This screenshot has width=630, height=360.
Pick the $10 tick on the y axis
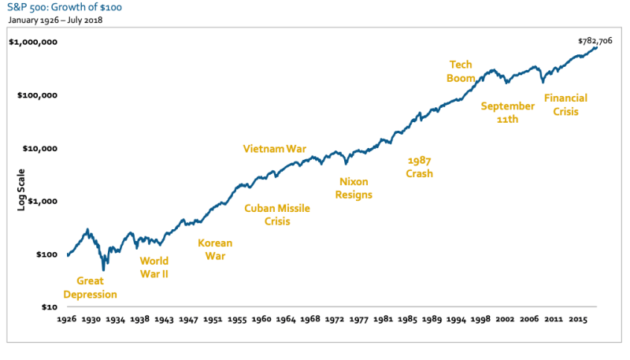pyautogui.click(x=47, y=307)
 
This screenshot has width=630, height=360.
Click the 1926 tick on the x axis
pyautogui.click(x=68, y=321)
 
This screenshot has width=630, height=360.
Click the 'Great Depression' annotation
pyautogui.click(x=90, y=288)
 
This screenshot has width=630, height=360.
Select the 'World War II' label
pyautogui.click(x=154, y=268)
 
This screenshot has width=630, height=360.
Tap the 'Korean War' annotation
pyautogui.click(x=214, y=249)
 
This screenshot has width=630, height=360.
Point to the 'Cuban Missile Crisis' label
pyautogui.click(x=277, y=215)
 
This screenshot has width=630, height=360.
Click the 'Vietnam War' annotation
pyautogui.click(x=274, y=148)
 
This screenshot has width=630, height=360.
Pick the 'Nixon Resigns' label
pyautogui.click(x=354, y=188)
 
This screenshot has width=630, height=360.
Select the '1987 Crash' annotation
pyautogui.click(x=419, y=167)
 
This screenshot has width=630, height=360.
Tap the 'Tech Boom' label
pyautogui.click(x=461, y=71)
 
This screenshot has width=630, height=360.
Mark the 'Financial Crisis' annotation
pyautogui.click(x=565, y=105)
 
